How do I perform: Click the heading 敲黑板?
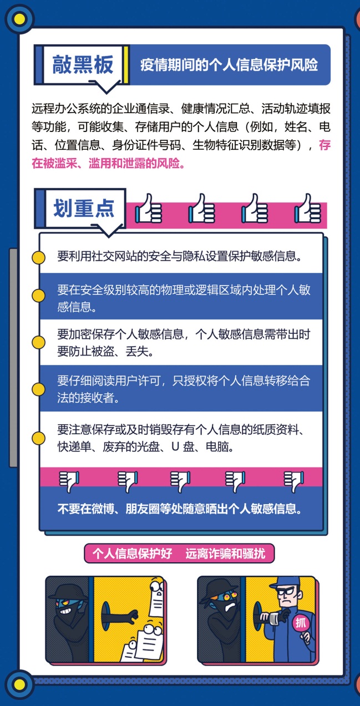tap(83, 65)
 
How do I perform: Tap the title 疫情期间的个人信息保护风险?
tap(229, 65)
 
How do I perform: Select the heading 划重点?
tap(84, 209)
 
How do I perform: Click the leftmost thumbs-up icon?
tap(149, 209)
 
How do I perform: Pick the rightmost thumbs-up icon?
tap(308, 209)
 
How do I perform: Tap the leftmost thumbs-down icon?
tap(69, 481)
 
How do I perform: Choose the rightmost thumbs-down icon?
tap(294, 481)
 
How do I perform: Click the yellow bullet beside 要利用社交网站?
tap(38, 257)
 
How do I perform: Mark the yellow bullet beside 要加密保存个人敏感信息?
tap(38, 342)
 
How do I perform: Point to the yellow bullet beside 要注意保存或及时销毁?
tap(38, 438)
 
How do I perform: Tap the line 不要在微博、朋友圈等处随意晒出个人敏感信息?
tap(180, 509)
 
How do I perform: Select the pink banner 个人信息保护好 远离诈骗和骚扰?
tap(179, 553)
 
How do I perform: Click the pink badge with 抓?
tap(301, 622)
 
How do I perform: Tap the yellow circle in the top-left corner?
tap(19, 19)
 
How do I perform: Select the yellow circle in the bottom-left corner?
tap(19, 684)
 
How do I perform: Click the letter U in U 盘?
tap(175, 446)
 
